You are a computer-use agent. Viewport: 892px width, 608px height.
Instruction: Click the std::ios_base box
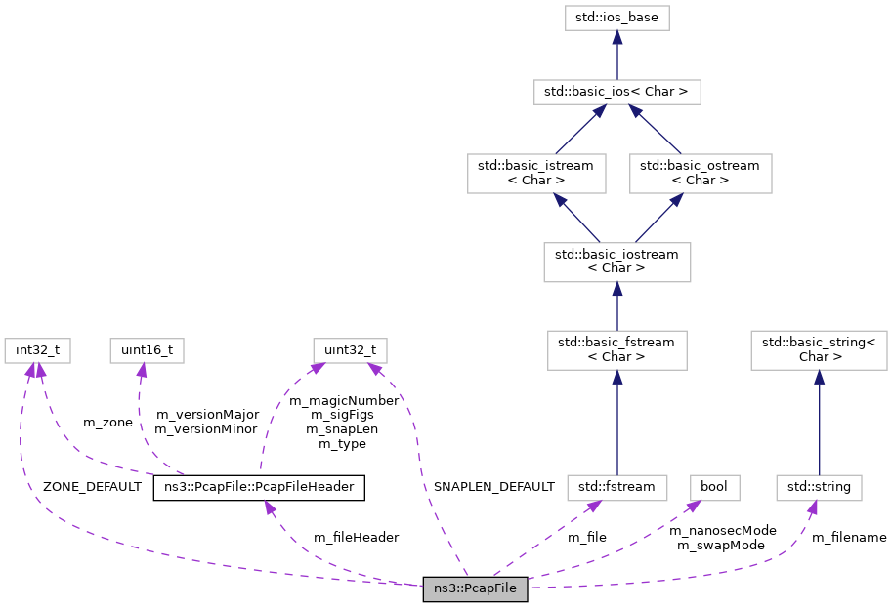(x=616, y=18)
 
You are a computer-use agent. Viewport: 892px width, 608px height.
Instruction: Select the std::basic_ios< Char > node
(x=616, y=93)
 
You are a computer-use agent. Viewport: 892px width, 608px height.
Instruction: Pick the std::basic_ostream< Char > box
(x=700, y=173)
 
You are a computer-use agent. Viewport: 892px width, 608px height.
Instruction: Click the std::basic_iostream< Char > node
(x=616, y=262)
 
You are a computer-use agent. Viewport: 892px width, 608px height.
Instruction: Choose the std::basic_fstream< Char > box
(x=616, y=349)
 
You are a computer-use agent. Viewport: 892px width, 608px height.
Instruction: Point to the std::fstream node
(x=616, y=486)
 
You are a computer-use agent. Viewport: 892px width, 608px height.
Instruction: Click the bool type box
(x=715, y=486)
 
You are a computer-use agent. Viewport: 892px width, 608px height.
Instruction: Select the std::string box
(x=819, y=486)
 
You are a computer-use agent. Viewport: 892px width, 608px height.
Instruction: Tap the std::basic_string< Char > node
(x=819, y=349)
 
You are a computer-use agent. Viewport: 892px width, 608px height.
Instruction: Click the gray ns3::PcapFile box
(x=476, y=589)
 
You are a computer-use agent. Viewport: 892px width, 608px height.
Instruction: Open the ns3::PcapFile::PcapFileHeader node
(x=259, y=486)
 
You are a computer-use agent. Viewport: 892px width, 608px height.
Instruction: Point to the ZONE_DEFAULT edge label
(x=92, y=486)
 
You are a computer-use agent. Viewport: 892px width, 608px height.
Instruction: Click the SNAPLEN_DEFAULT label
(x=494, y=486)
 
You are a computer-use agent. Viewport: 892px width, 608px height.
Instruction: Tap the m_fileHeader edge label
(x=356, y=537)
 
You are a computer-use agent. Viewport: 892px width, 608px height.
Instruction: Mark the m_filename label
(x=849, y=537)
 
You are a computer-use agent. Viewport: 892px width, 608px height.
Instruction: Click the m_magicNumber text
(x=344, y=400)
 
